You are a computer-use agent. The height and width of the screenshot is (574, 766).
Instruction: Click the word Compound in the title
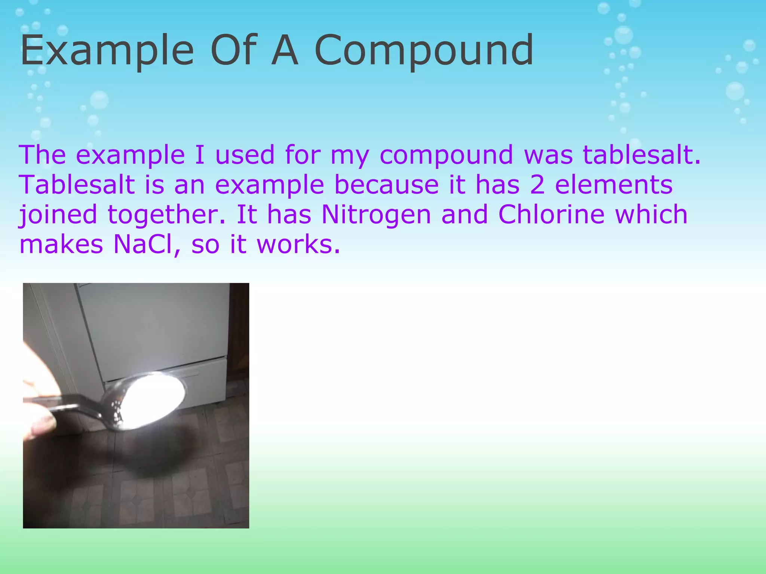pyautogui.click(x=424, y=51)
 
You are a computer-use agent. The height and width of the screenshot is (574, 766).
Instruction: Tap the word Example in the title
pyautogui.click(x=107, y=51)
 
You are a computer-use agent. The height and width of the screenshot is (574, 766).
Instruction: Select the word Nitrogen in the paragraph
pyautogui.click(x=376, y=215)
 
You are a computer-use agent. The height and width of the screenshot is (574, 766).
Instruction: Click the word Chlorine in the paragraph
pyautogui.click(x=551, y=215)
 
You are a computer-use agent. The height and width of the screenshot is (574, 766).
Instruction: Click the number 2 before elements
pyautogui.click(x=537, y=185)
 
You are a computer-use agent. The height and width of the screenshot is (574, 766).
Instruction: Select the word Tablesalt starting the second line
pyautogui.click(x=77, y=185)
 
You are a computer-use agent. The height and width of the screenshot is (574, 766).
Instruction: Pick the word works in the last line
pyautogui.click(x=298, y=244)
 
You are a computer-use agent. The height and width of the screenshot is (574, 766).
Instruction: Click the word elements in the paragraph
pyautogui.click(x=613, y=185)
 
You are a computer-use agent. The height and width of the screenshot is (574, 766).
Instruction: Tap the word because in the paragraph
pyautogui.click(x=387, y=185)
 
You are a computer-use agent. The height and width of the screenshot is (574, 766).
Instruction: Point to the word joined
pyautogui.click(x=58, y=215)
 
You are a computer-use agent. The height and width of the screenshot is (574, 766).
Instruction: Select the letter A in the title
pyautogui.click(x=285, y=51)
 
